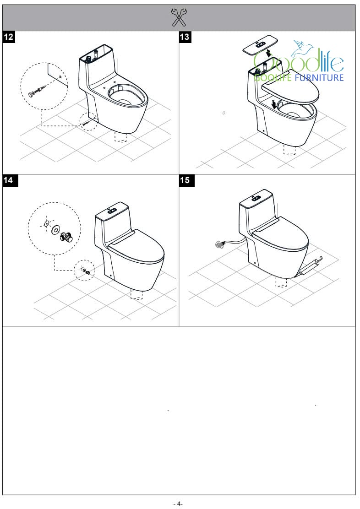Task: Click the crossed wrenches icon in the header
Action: (179, 17)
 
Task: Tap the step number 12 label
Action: (9, 37)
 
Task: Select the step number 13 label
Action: (185, 37)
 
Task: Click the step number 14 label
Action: (9, 180)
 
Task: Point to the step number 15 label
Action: (185, 180)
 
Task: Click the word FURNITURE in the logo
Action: (319, 77)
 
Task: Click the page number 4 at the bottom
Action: (178, 504)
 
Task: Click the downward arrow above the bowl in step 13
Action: (274, 104)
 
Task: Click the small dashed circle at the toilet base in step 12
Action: (88, 121)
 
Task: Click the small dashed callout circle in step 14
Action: (84, 270)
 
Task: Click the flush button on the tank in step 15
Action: (256, 198)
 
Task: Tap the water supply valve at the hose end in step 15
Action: (220, 244)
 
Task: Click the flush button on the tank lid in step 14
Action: (112, 211)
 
